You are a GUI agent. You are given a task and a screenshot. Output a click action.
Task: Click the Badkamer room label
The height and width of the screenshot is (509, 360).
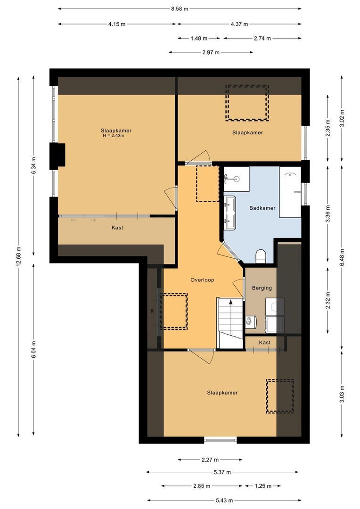(x=262, y=208)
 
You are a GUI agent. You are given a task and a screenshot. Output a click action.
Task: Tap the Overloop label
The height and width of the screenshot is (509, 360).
(x=202, y=279)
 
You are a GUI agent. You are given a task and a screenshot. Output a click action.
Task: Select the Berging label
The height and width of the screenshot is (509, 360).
(x=262, y=287)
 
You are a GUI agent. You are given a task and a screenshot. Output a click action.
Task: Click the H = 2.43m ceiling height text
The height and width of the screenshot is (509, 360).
(x=113, y=136)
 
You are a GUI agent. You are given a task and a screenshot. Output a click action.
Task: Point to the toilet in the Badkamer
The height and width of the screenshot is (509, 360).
(x=261, y=256)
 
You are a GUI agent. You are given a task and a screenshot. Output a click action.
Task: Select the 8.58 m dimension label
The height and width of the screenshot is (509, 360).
(x=180, y=8)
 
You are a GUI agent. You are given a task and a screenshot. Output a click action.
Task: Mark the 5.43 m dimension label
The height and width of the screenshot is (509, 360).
(x=223, y=501)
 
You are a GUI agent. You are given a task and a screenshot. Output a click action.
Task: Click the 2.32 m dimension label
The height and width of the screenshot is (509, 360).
(x=328, y=300)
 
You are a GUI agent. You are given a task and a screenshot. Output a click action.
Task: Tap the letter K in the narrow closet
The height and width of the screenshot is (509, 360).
(x=152, y=311)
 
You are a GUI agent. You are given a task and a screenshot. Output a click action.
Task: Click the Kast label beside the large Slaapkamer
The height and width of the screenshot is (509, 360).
(x=117, y=228)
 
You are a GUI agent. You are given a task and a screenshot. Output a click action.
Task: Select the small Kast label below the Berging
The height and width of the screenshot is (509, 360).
(x=265, y=342)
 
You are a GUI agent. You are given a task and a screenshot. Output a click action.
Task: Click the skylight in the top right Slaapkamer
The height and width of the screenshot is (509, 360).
(x=247, y=103)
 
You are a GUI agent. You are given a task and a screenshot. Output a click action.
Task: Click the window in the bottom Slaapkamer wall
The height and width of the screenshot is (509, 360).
(x=221, y=440)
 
